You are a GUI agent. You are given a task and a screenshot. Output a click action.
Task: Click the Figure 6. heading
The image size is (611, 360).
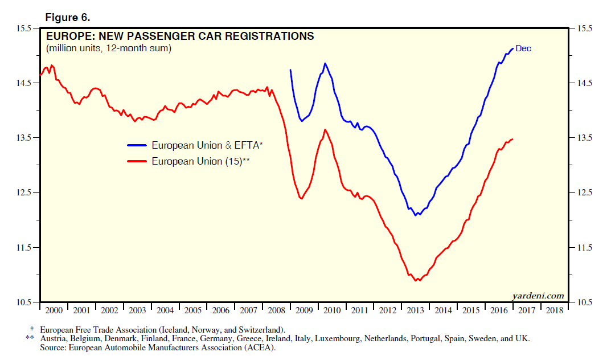tap(67, 17)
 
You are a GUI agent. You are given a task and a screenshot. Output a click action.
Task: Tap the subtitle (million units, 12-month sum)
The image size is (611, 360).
tap(108, 48)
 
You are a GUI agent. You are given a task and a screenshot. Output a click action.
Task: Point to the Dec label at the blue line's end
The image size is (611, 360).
tap(523, 48)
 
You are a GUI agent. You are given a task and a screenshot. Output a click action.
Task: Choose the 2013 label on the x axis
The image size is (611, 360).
tap(415, 310)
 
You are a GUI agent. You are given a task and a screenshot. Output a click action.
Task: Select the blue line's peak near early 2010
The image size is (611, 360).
tap(325, 63)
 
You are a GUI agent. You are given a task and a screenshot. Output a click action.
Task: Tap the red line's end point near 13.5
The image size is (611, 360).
tap(512, 139)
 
